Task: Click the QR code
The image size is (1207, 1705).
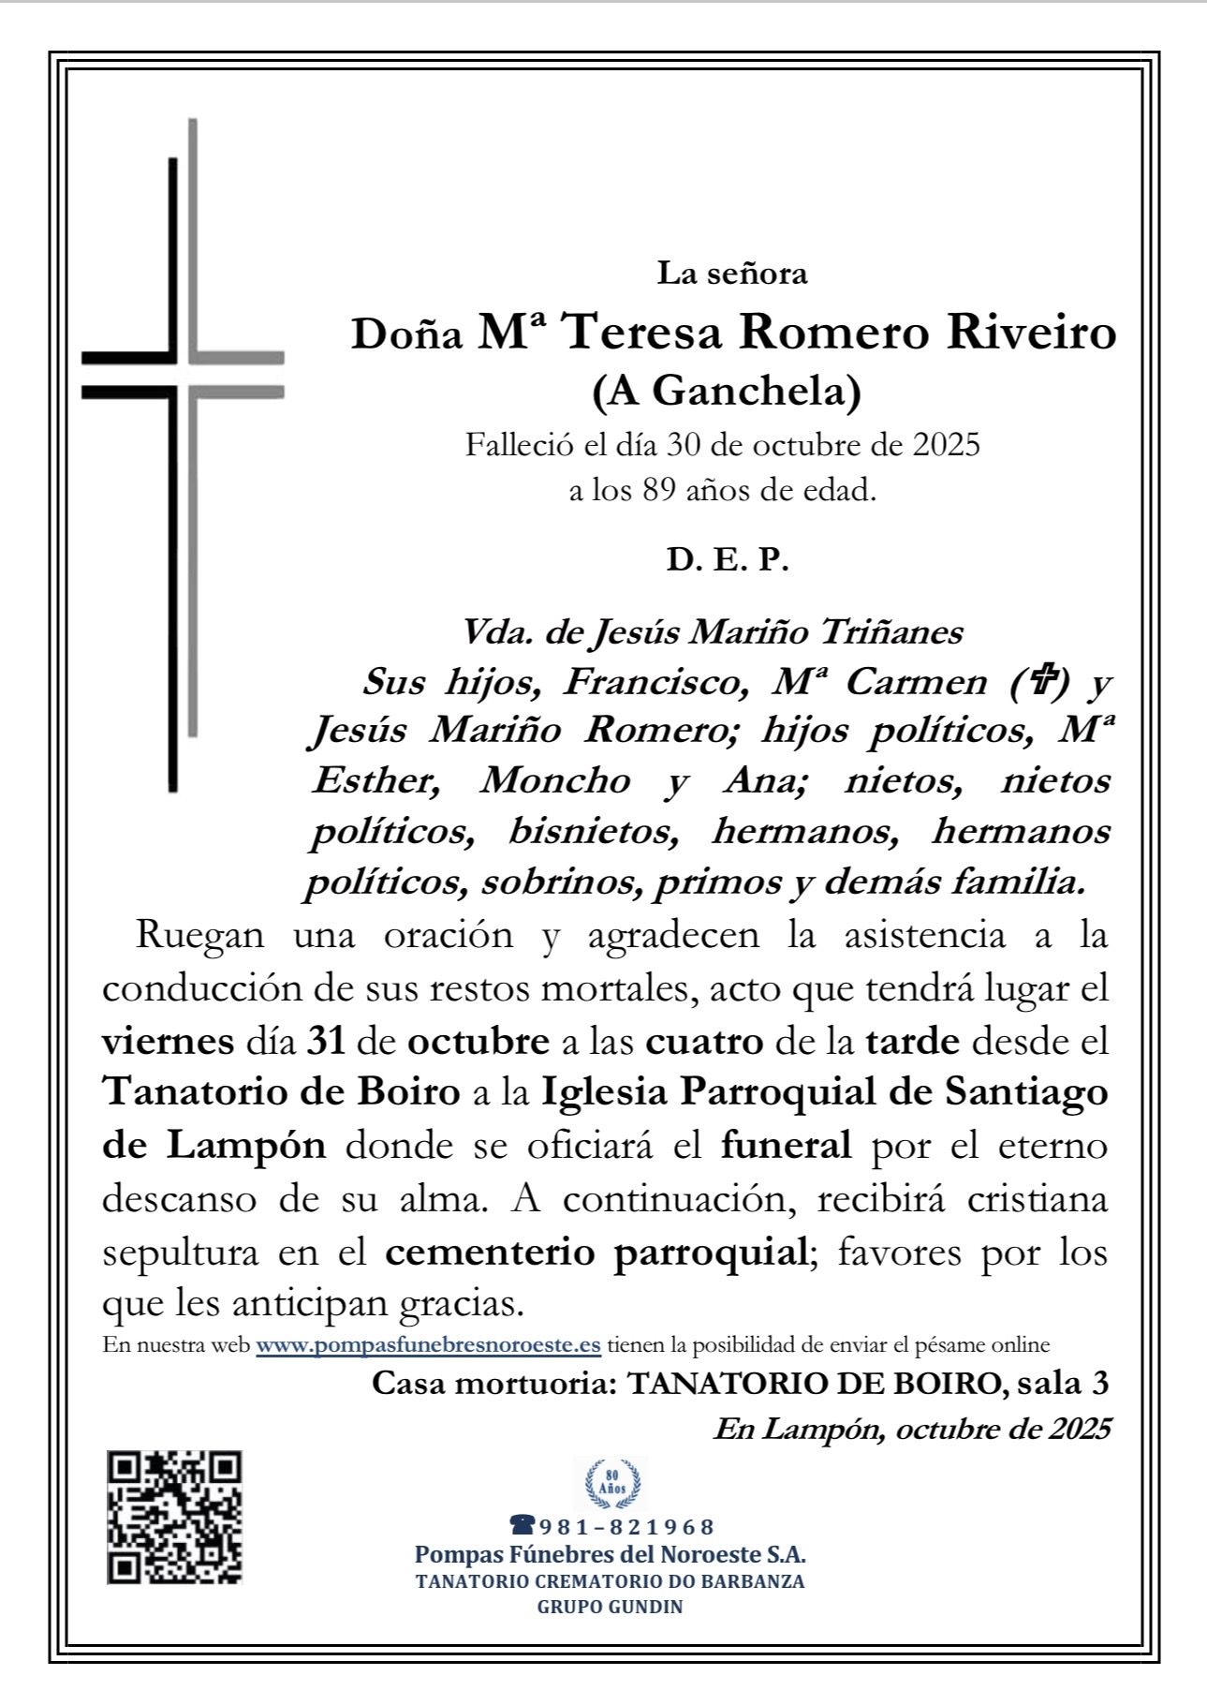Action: coord(174,1517)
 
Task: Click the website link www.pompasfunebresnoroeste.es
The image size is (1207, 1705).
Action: coord(428,1345)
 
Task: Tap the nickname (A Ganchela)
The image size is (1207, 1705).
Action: coord(727,392)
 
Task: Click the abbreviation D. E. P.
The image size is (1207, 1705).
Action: coord(728,560)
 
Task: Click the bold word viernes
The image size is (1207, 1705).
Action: coord(168,1041)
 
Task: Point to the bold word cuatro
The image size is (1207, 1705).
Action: coord(704,1041)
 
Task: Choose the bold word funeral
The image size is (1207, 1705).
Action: coord(786,1145)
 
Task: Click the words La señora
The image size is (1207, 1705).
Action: coord(731,274)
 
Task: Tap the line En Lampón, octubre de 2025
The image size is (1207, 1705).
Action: coord(911,1430)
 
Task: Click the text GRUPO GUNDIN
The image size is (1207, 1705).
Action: coord(610,1607)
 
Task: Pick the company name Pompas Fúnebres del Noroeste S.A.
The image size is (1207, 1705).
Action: coord(610,1555)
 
